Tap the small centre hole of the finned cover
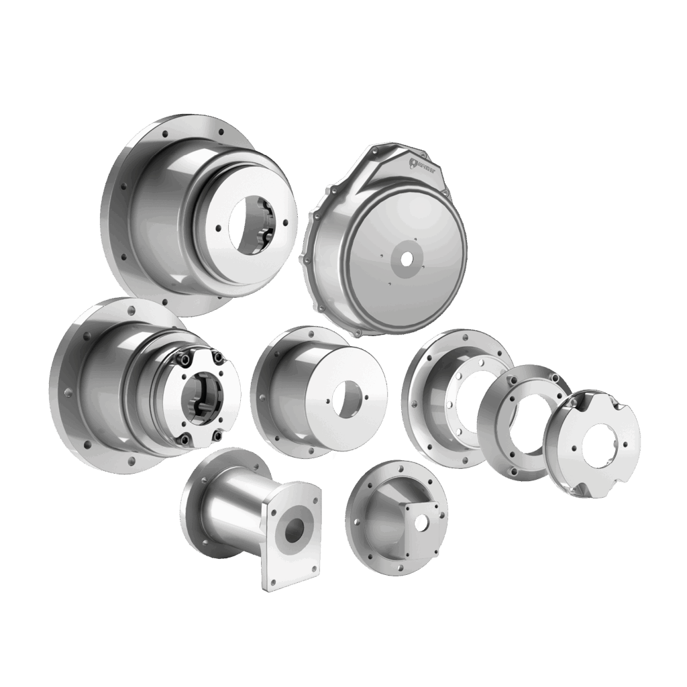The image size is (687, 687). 405,258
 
